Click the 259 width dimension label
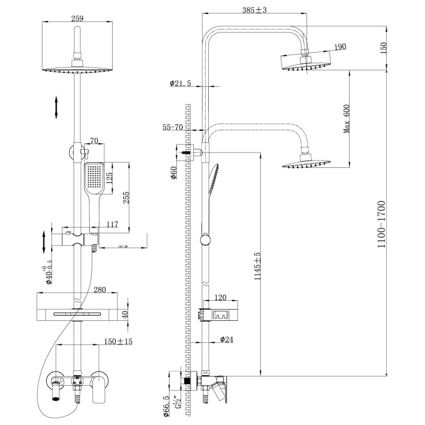click(x=78, y=18)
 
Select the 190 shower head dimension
click(x=340, y=47)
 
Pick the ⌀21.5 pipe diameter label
click(x=181, y=83)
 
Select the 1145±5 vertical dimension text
click(x=257, y=266)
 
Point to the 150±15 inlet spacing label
click(x=104, y=341)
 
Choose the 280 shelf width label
click(x=99, y=290)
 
